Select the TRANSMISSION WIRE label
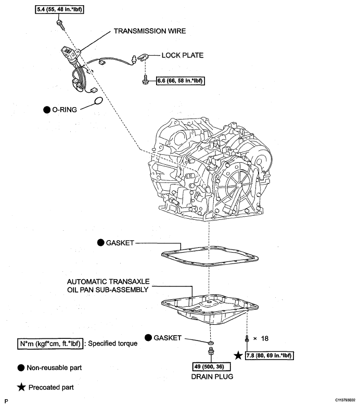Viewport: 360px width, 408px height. click(149, 31)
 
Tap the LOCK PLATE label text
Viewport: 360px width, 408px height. click(182, 55)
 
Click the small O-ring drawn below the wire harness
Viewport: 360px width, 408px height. click(97, 101)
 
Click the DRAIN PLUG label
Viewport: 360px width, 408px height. click(211, 376)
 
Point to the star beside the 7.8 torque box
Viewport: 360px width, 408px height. click(239, 356)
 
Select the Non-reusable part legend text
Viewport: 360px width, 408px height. click(54, 367)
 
